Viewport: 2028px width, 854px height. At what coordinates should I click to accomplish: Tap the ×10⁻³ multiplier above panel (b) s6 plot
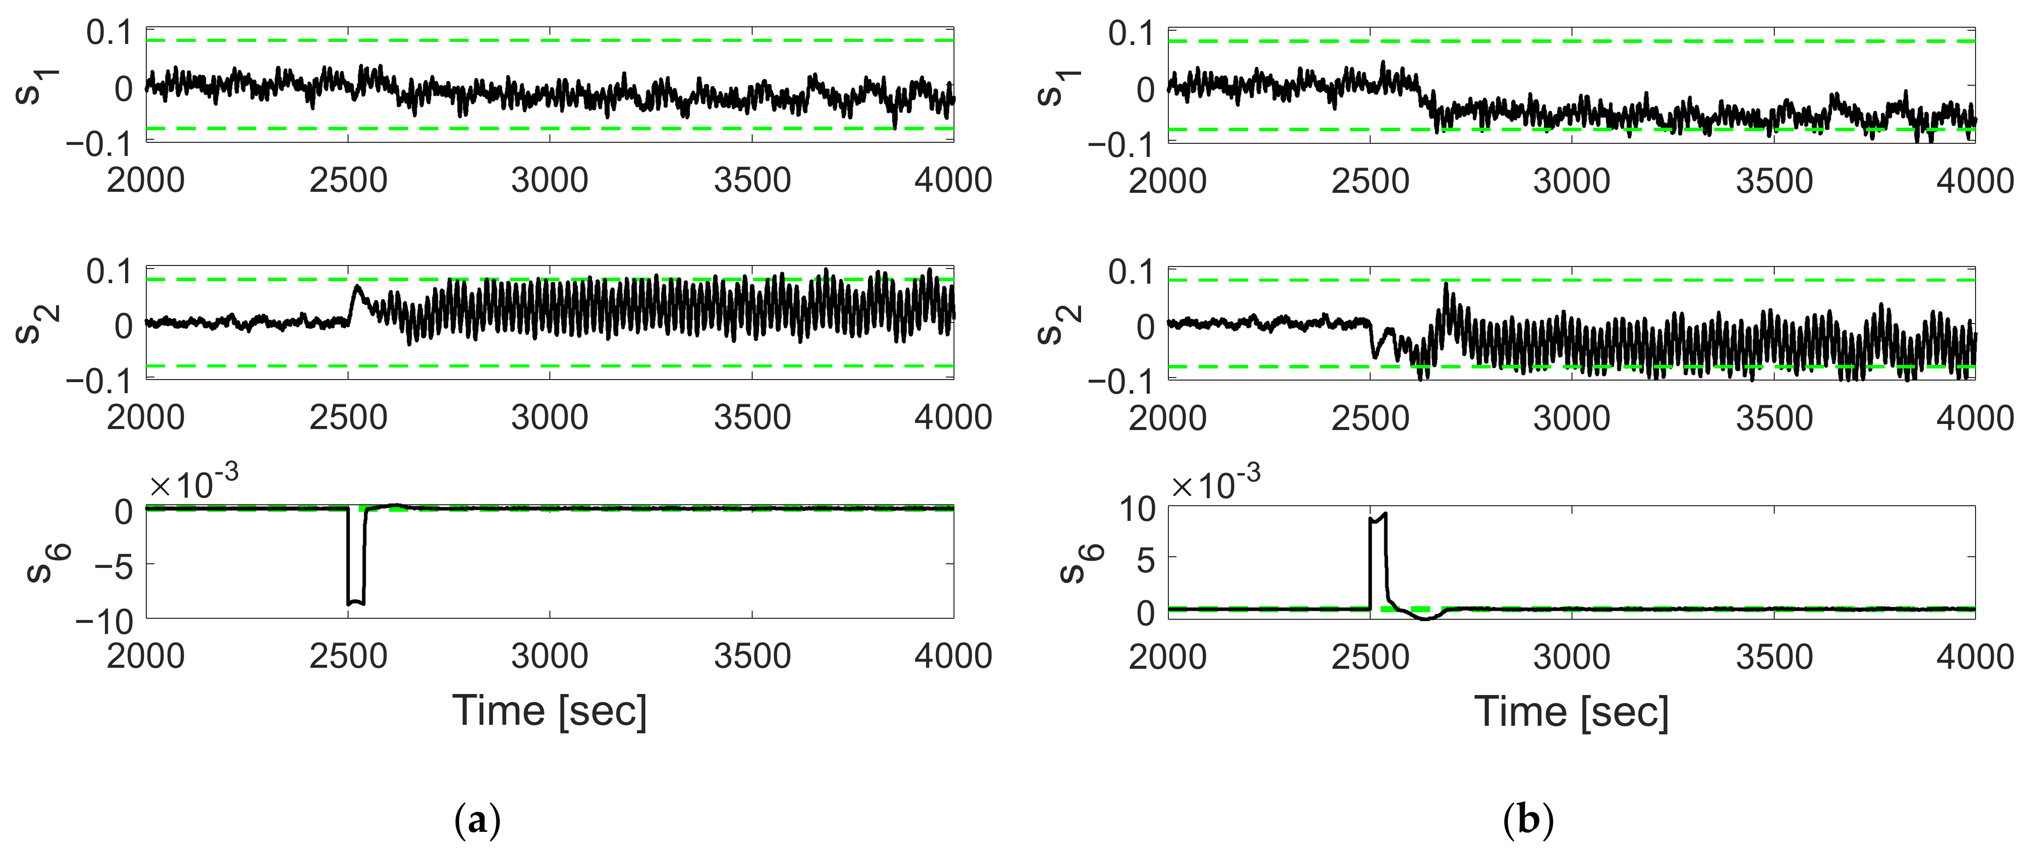1216,482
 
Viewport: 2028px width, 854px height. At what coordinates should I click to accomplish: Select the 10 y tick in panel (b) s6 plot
1137,510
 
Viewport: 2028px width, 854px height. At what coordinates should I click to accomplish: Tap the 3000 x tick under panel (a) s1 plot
549,180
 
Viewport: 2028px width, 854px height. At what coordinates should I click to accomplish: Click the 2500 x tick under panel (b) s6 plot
1370,656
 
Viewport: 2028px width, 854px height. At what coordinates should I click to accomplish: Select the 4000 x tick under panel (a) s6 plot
953,656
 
